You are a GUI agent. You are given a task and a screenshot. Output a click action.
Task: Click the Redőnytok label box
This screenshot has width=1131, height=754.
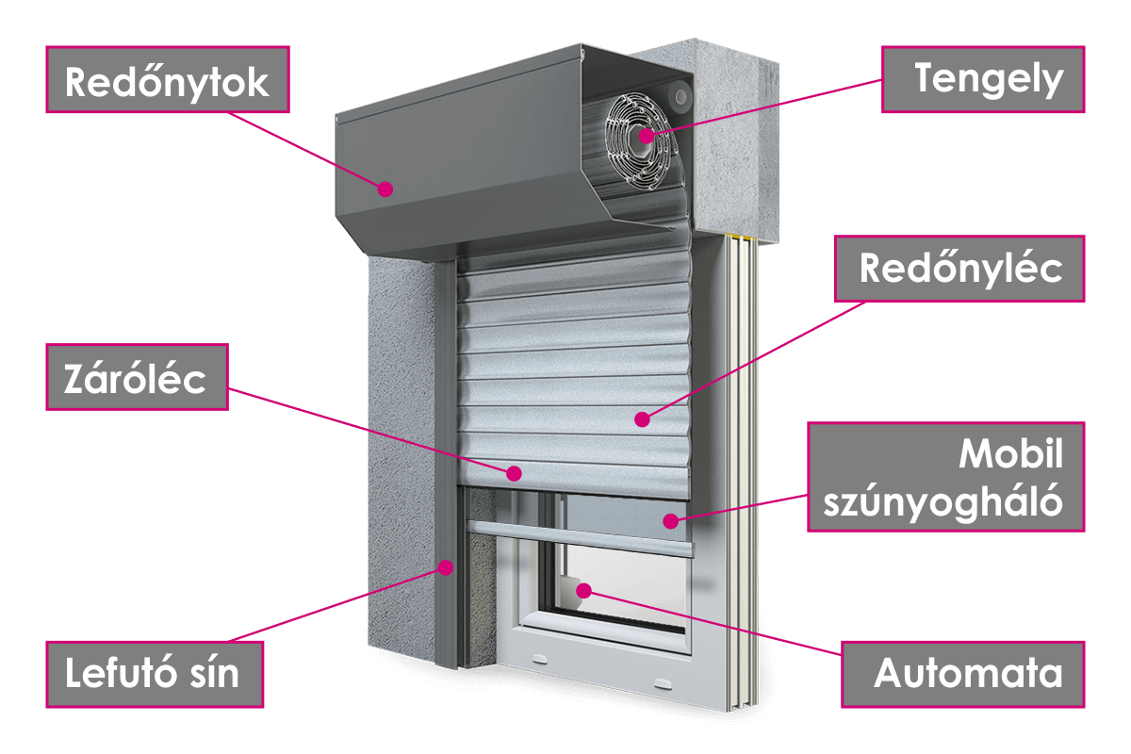pos(167,82)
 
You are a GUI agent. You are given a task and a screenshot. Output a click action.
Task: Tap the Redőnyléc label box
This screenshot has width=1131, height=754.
pos(960,269)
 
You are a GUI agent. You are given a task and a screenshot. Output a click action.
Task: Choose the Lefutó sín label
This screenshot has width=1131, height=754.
pos(154,674)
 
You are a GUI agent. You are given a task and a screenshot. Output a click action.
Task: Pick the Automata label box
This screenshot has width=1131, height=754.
pos(963,674)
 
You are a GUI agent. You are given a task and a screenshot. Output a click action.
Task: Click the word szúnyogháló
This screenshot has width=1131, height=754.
pos(943,502)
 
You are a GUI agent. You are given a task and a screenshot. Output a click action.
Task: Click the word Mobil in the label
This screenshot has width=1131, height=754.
pos(1010,456)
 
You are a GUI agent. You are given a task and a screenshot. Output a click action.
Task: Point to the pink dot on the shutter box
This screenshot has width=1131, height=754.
pos(385,189)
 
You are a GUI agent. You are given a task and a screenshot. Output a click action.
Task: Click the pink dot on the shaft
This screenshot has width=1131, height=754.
pos(646,135)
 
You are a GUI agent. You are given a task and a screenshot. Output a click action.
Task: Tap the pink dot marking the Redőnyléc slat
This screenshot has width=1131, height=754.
pos(641,418)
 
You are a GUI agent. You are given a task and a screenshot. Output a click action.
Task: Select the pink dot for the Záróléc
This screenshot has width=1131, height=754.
pos(514,472)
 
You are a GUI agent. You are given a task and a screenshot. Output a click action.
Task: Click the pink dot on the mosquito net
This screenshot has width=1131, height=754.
pos(669,520)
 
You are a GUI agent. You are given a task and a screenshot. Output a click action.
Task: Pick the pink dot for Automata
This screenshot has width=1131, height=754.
pos(583,590)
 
